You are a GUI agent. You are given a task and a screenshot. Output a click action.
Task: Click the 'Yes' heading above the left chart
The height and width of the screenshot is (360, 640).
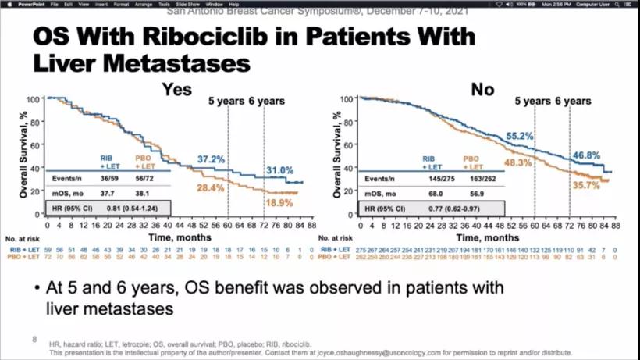(x=176, y=89)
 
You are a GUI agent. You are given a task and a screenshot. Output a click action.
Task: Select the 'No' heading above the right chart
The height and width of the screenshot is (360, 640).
(x=482, y=89)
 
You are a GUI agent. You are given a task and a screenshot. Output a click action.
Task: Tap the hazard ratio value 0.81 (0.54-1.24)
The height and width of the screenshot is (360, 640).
(x=140, y=206)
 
